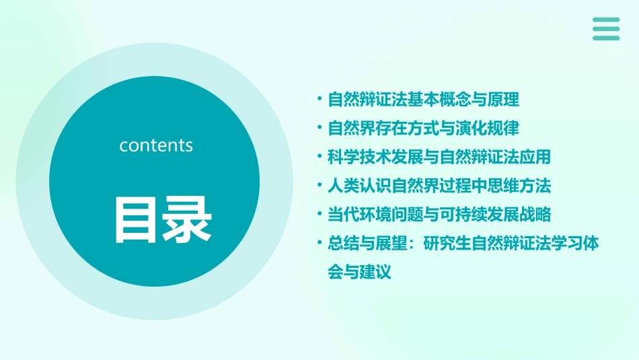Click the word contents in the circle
tap(156, 145)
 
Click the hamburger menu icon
tap(606, 29)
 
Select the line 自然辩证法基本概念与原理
tap(423, 100)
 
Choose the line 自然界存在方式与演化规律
tap(423, 128)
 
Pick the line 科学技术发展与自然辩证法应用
tap(439, 157)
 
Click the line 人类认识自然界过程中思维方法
tap(439, 185)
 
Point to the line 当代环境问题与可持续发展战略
tap(439, 214)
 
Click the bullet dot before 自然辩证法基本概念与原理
tap(319, 100)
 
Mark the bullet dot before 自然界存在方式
tap(319, 128)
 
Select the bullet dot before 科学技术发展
tap(319, 156)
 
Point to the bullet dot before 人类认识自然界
tap(319, 185)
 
